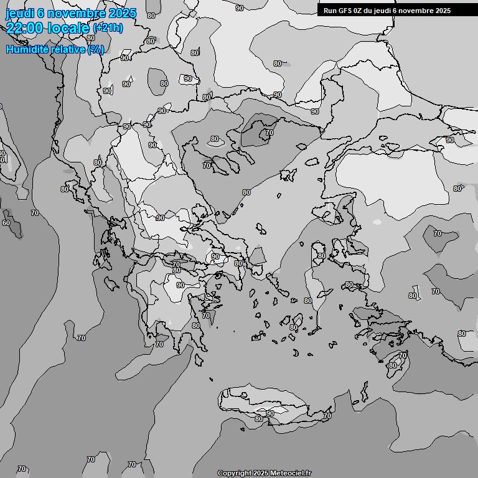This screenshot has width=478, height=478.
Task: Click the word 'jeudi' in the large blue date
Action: coord(19,13)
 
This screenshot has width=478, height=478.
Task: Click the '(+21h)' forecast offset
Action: coord(108,28)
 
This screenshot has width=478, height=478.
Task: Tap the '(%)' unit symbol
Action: coord(96,49)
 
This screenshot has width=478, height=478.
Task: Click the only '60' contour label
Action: coord(6,223)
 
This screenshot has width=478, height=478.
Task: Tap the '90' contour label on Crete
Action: coord(270,413)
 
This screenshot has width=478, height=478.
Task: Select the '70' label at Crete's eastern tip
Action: coord(327,415)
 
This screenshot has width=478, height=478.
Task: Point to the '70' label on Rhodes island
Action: coord(403,355)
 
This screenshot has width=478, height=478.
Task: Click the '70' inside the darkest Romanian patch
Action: coord(269,133)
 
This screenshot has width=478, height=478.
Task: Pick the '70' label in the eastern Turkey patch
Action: coord(438,233)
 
